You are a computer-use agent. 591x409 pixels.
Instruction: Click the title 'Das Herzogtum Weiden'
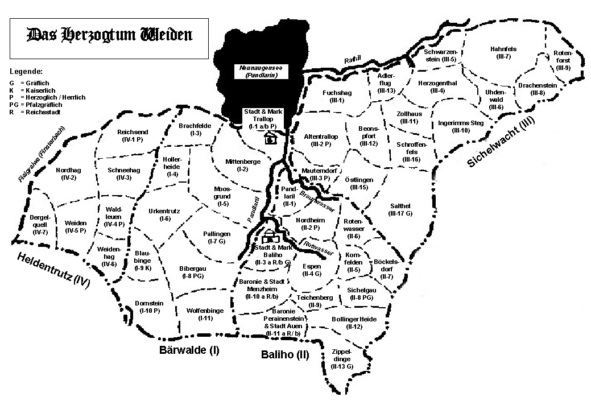109,36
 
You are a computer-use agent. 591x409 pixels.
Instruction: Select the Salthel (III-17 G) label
400,210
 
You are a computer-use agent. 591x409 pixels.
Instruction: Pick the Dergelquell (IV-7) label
40,225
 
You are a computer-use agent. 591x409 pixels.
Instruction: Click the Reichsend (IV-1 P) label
133,135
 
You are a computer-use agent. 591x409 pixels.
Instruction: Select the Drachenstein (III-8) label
537,89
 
